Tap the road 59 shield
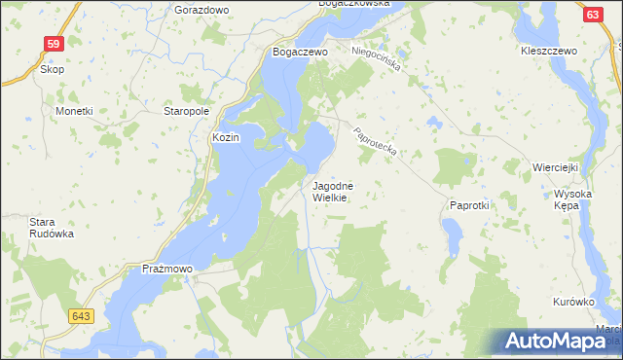(x=54, y=44)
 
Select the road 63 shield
(x=593, y=15)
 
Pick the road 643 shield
(x=82, y=316)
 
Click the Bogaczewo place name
(x=300, y=52)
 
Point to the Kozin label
(x=226, y=138)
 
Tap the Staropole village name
(x=187, y=112)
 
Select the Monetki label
(x=74, y=111)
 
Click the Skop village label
(x=52, y=70)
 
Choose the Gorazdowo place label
(x=201, y=9)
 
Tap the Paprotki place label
(x=468, y=205)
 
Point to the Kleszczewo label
(x=549, y=50)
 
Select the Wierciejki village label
(x=556, y=167)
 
